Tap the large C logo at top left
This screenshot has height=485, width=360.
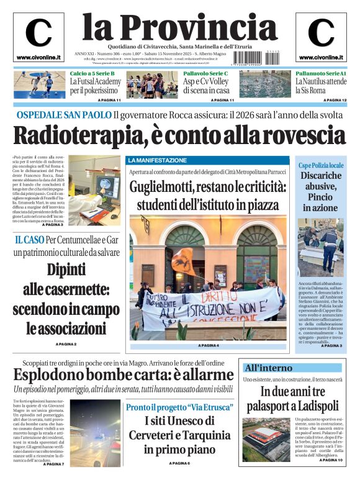38,33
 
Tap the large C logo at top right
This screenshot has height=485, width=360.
321,33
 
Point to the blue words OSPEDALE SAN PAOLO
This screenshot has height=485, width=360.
64,115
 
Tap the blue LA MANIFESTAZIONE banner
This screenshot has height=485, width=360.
157,160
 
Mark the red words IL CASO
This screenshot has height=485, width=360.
29,239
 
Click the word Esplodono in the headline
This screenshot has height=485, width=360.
48,374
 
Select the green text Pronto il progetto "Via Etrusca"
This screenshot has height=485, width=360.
179,407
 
